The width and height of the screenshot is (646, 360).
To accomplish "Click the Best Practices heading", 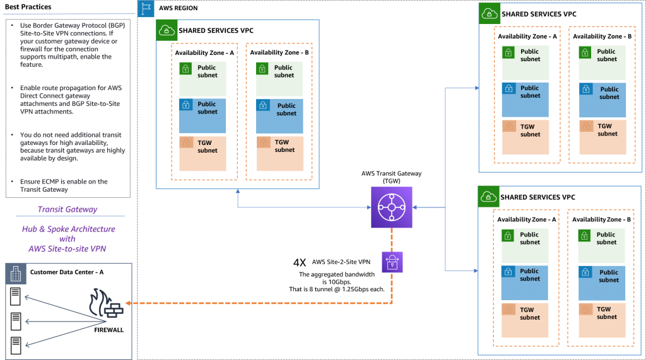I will [28, 7].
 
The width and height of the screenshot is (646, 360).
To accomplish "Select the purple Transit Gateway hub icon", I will [391, 207].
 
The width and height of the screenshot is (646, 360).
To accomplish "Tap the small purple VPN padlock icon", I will [392, 262].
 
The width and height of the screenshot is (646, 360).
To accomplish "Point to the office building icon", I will [16, 273].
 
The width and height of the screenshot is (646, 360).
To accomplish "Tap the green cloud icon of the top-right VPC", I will [489, 13].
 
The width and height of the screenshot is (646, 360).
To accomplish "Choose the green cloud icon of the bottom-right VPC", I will [489, 196].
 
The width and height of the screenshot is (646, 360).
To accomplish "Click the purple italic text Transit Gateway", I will [68, 209].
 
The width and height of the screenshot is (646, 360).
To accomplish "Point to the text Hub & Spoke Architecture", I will [68, 229].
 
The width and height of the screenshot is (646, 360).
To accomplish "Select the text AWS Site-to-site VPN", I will [68, 248].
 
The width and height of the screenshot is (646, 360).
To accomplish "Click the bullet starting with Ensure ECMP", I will [63, 185].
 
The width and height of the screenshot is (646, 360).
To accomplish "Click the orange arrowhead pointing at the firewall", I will [127, 303].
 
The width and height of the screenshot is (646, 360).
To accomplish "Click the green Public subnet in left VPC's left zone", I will [203, 78].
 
